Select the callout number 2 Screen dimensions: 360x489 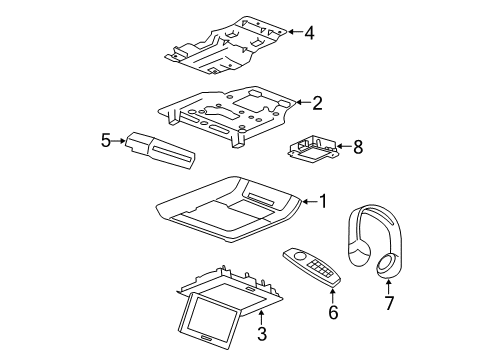(317, 101)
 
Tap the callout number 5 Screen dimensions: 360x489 (105, 142)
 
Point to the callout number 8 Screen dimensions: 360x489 (357, 146)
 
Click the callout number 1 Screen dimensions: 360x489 (322, 201)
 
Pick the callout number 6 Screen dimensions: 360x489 (333, 312)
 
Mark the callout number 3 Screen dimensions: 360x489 (263, 333)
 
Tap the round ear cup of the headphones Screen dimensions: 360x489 (385, 265)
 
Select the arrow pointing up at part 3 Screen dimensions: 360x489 (263, 316)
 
